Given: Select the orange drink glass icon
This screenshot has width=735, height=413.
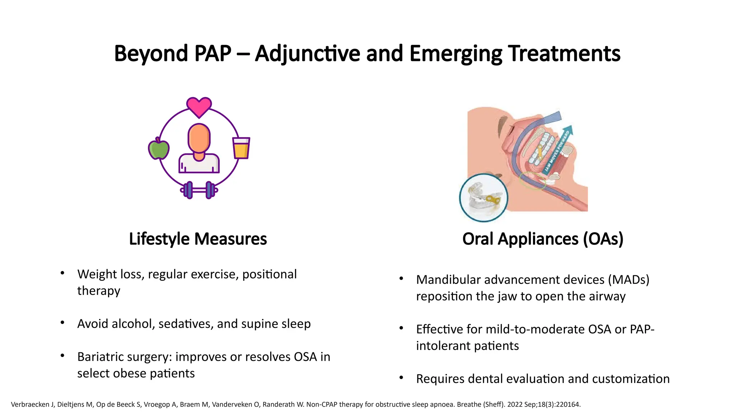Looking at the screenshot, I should (241, 148).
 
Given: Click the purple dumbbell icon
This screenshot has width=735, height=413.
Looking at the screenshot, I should (199, 190).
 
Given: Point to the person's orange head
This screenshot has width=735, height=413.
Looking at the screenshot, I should (199, 138).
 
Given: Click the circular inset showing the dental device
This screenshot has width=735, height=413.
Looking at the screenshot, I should (484, 198).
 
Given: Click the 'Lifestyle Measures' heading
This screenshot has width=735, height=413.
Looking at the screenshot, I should (198, 239).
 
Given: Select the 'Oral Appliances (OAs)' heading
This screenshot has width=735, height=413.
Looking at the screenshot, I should (543, 239).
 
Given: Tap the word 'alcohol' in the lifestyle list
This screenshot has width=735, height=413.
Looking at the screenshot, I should (133, 324).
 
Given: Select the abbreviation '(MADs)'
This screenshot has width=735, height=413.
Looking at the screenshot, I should (628, 280).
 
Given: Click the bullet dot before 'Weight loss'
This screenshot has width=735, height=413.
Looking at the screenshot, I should (62, 273).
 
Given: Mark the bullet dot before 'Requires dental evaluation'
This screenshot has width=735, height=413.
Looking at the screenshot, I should (401, 378).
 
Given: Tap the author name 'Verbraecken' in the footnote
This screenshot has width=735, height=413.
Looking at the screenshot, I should (30, 405).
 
